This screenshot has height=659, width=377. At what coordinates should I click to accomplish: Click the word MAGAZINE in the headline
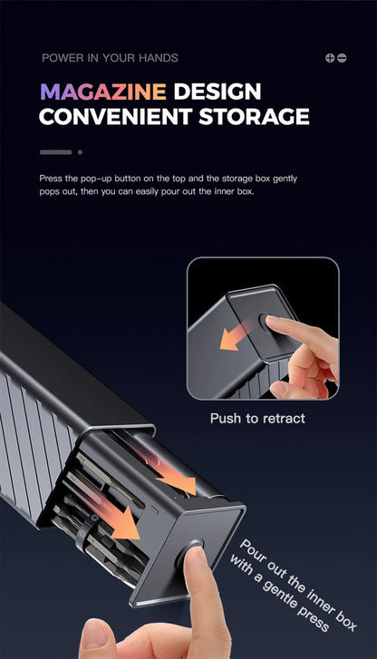(103, 92)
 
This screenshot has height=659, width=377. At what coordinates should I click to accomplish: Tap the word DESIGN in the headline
(217, 92)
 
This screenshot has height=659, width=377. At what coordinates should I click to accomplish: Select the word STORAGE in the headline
(254, 116)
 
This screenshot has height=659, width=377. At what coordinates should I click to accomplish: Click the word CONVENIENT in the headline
(116, 116)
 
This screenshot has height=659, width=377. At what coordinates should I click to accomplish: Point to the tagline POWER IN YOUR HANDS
(111, 58)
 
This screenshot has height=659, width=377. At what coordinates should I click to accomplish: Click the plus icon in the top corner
(330, 58)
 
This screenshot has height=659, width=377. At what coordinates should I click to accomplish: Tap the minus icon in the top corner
(342, 58)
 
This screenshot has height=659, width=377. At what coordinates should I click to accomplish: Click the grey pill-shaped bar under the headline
(56, 152)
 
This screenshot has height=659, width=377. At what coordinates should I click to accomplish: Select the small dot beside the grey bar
(80, 152)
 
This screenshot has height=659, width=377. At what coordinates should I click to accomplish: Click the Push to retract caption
(257, 418)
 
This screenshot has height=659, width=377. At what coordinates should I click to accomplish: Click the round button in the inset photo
(266, 321)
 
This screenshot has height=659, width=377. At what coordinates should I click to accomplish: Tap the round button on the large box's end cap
(190, 554)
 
